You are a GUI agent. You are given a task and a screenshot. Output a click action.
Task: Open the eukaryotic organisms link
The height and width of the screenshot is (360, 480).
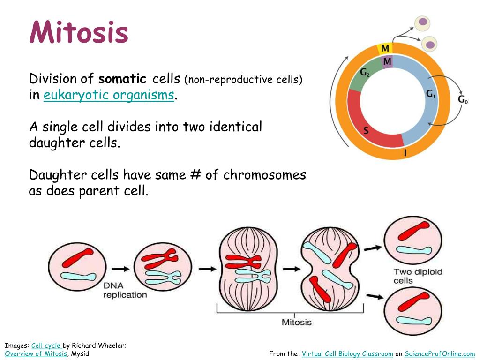[x=109, y=95]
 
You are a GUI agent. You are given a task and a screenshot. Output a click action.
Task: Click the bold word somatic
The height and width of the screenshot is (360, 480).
[x=122, y=79]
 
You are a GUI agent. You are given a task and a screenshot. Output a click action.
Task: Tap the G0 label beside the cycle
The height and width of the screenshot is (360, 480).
[x=462, y=99]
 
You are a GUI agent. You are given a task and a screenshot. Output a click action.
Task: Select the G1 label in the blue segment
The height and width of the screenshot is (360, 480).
[x=430, y=94]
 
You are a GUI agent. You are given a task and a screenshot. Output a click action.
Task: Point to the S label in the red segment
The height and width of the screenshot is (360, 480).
[x=366, y=131]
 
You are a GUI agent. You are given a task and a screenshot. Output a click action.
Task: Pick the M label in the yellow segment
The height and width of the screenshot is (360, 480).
[x=385, y=48]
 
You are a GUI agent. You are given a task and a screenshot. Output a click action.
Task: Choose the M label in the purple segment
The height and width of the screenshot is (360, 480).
[x=387, y=61]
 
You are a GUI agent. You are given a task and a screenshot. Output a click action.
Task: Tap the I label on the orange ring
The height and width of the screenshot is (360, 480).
[x=405, y=152]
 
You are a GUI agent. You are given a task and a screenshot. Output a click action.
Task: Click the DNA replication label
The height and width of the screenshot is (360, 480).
[x=125, y=290]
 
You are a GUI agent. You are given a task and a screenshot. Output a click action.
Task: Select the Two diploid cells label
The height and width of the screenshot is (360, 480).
[x=418, y=276]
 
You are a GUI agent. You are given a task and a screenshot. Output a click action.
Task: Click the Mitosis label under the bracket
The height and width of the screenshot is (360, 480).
[x=296, y=322]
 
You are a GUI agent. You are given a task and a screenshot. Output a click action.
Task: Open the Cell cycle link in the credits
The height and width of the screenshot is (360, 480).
[x=46, y=346]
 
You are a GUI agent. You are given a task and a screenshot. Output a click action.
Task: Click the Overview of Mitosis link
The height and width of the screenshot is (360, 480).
[x=36, y=354]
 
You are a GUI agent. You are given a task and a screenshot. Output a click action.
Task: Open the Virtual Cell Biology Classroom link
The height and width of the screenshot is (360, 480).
[x=347, y=354]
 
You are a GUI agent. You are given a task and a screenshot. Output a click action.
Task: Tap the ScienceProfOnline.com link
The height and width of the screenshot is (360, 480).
[x=440, y=354]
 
